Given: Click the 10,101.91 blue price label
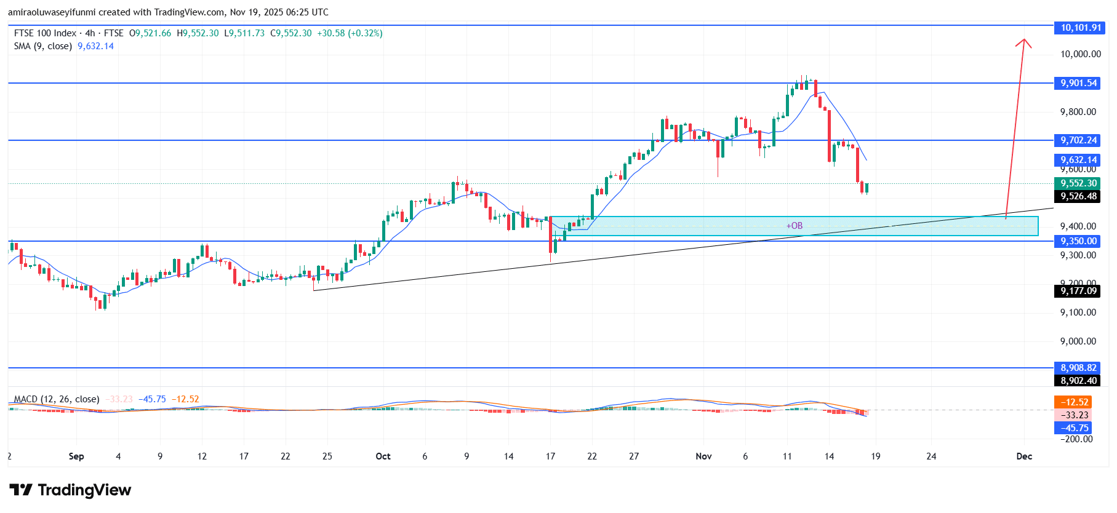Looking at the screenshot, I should tap(1081, 28).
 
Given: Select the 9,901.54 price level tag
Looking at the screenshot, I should tap(1079, 83).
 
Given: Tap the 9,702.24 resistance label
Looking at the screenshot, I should tap(1079, 140).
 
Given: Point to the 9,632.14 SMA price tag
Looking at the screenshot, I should tap(1079, 160).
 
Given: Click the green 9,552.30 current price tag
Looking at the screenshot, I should tap(1079, 183).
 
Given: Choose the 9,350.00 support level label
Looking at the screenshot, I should tap(1079, 241).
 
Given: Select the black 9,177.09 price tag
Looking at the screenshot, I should tap(1079, 291).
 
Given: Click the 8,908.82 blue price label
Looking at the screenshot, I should tap(1079, 368).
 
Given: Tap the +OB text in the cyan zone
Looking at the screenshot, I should tap(795, 226).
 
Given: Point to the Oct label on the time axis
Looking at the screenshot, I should tap(383, 456).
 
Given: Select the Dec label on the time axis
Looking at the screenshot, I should tap(1024, 456).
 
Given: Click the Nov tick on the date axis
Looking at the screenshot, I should tap(703, 456).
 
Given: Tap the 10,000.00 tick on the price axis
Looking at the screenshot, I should tap(1080, 54).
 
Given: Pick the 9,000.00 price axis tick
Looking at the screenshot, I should tap(1078, 341).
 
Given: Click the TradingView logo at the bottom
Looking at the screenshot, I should tap(70, 490).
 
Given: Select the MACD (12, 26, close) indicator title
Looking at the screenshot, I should tap(57, 399).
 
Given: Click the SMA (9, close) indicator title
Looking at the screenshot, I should tap(43, 46).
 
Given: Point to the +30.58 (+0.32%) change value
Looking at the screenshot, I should tap(350, 33).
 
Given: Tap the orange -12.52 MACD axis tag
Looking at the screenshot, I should tap(1074, 402).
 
